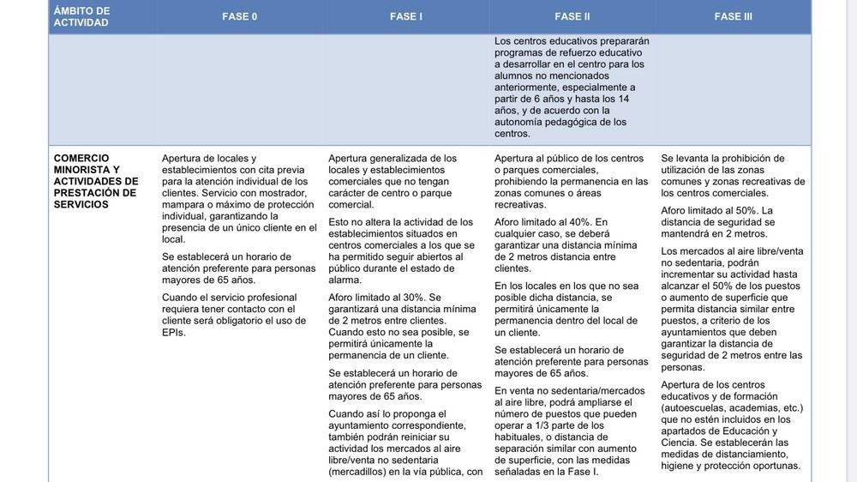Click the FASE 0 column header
pos(239,16)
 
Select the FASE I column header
pos(406,16)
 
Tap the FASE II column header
pos(572,16)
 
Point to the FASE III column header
pos(733,16)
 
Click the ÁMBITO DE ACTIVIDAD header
pos(81,16)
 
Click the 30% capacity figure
pos(414,298)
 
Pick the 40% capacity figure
pos(579,222)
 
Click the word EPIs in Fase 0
pos(174,333)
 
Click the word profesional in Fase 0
pos(267,298)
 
